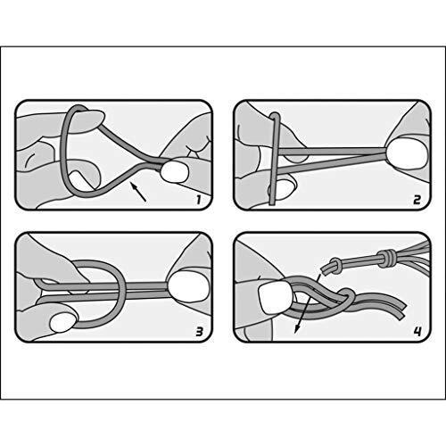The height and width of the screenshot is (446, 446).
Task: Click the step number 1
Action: [x=199, y=200]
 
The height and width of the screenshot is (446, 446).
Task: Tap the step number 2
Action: [x=417, y=200]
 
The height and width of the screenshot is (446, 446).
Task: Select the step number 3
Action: [x=199, y=332]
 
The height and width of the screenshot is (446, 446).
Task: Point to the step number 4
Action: [x=417, y=332]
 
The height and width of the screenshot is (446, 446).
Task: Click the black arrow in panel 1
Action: [x=138, y=193]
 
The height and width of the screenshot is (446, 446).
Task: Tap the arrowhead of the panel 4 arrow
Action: [x=297, y=329]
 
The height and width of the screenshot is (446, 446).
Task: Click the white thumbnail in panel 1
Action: [x=175, y=172]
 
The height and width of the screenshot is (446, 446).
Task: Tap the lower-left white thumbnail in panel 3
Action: [x=63, y=324]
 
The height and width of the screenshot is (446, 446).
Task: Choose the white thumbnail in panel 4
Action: [x=275, y=297]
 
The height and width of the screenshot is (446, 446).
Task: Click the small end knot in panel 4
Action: [x=335, y=265]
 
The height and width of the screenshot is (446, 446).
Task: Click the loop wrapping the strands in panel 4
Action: [x=346, y=300]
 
